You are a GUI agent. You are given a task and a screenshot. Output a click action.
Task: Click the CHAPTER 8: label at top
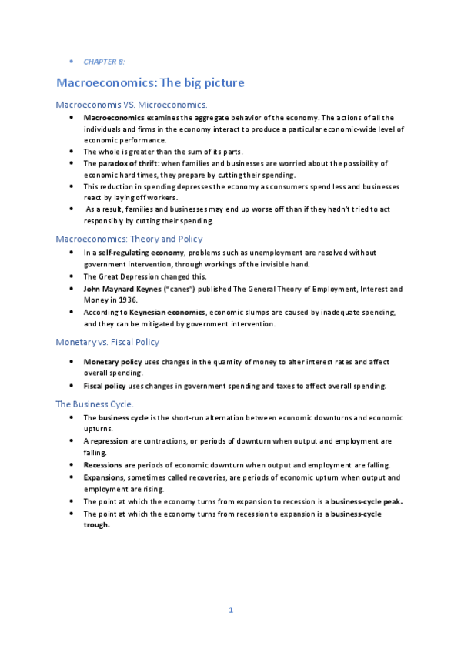[x=104, y=61]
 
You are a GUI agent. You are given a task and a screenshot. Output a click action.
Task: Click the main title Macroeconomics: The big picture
[x=151, y=82]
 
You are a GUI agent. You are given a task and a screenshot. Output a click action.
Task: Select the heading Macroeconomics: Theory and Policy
[x=129, y=239]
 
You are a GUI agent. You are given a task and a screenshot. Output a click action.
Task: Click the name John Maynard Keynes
[x=119, y=289]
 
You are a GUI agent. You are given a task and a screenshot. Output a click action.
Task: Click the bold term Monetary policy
[x=112, y=361]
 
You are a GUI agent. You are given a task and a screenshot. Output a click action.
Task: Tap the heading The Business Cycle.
[x=95, y=404]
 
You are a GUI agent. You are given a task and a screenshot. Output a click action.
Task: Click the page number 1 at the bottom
[x=230, y=611]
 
